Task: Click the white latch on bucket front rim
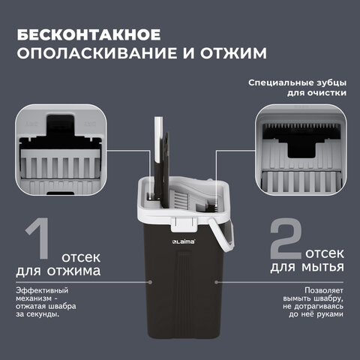[x=181, y=223]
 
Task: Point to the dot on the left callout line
[x=151, y=283]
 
